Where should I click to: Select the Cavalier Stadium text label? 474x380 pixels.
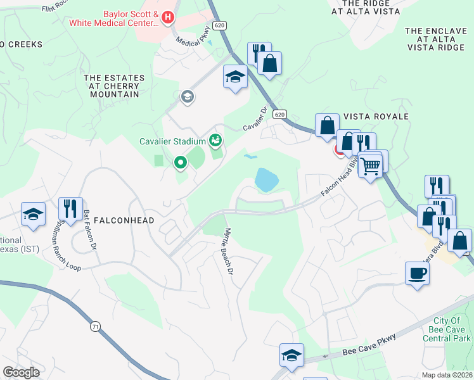(172, 141)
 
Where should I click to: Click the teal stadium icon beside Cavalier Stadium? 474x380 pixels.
(215, 140)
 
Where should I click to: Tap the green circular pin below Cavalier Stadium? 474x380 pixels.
(181, 163)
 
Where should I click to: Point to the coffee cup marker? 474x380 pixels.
(417, 274)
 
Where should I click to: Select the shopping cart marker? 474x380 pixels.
(370, 166)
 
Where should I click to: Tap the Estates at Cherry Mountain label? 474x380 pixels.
(114, 86)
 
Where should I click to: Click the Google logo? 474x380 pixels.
(21, 372)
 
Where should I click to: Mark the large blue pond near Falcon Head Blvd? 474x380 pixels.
(266, 180)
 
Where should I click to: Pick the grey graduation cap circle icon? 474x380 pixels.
(187, 97)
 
